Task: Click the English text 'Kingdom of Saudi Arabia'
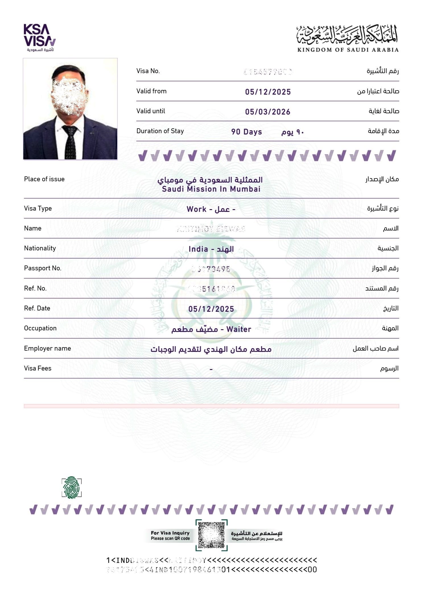click(x=348, y=50)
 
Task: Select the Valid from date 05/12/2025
click(x=268, y=92)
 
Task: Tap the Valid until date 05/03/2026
click(x=267, y=112)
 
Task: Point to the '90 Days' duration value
click(x=246, y=132)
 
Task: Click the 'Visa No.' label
click(x=148, y=71)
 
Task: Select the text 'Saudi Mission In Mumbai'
click(x=211, y=189)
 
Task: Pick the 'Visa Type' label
click(x=38, y=208)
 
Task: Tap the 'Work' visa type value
click(x=196, y=209)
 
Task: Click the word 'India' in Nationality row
click(x=198, y=249)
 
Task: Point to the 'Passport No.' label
click(x=43, y=268)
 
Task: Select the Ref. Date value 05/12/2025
click(x=211, y=309)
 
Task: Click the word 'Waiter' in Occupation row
click(x=239, y=329)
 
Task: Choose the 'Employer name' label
click(x=48, y=348)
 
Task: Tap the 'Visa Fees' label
click(x=38, y=368)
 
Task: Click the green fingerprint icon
click(x=71, y=488)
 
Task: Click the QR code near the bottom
click(x=211, y=535)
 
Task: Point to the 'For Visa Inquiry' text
click(x=170, y=533)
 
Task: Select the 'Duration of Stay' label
click(x=160, y=131)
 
